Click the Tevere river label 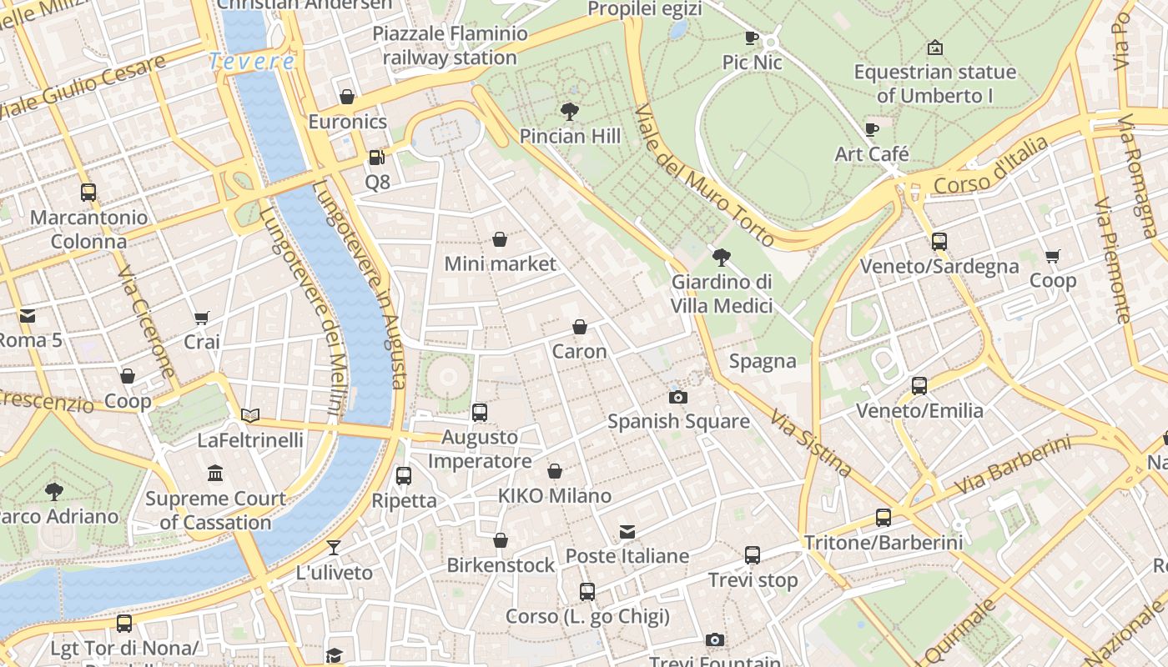[251, 61]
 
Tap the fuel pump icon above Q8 [377, 157]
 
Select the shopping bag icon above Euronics [347, 97]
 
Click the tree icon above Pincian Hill [570, 110]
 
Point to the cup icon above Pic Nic [752, 38]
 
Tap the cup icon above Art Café [872, 129]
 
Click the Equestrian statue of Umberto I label [934, 83]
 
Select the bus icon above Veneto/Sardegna [939, 242]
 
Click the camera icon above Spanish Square [678, 397]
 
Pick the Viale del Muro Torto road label [705, 175]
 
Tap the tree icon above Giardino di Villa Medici [722, 257]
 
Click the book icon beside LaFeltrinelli [250, 414]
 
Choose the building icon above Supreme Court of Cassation [215, 474]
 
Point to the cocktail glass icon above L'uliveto [334, 548]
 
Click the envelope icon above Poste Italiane [627, 531]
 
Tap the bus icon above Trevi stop [753, 554]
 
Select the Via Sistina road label [810, 443]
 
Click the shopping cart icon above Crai [201, 318]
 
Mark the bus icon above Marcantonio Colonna [88, 193]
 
